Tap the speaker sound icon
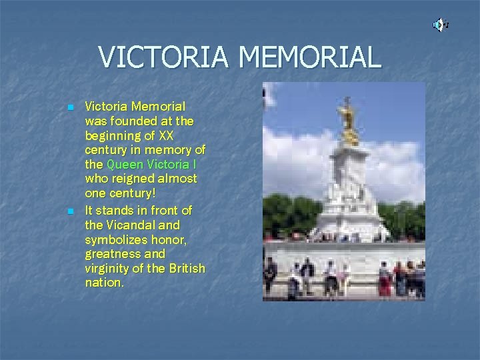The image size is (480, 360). [440, 25]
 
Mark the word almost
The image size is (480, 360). [177, 179]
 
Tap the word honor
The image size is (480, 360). [169, 239]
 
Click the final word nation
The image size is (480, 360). [103, 283]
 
